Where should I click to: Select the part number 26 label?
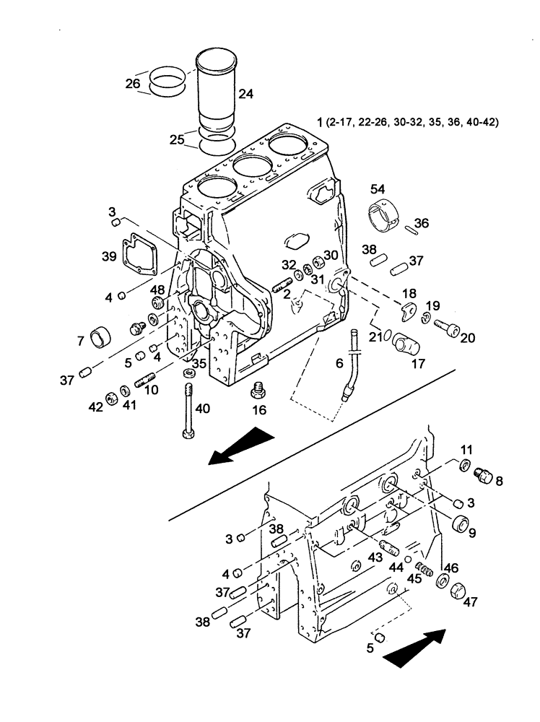(132, 84)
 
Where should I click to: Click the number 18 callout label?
(409, 293)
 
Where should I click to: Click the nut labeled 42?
(112, 397)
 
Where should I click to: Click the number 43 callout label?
(376, 559)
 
